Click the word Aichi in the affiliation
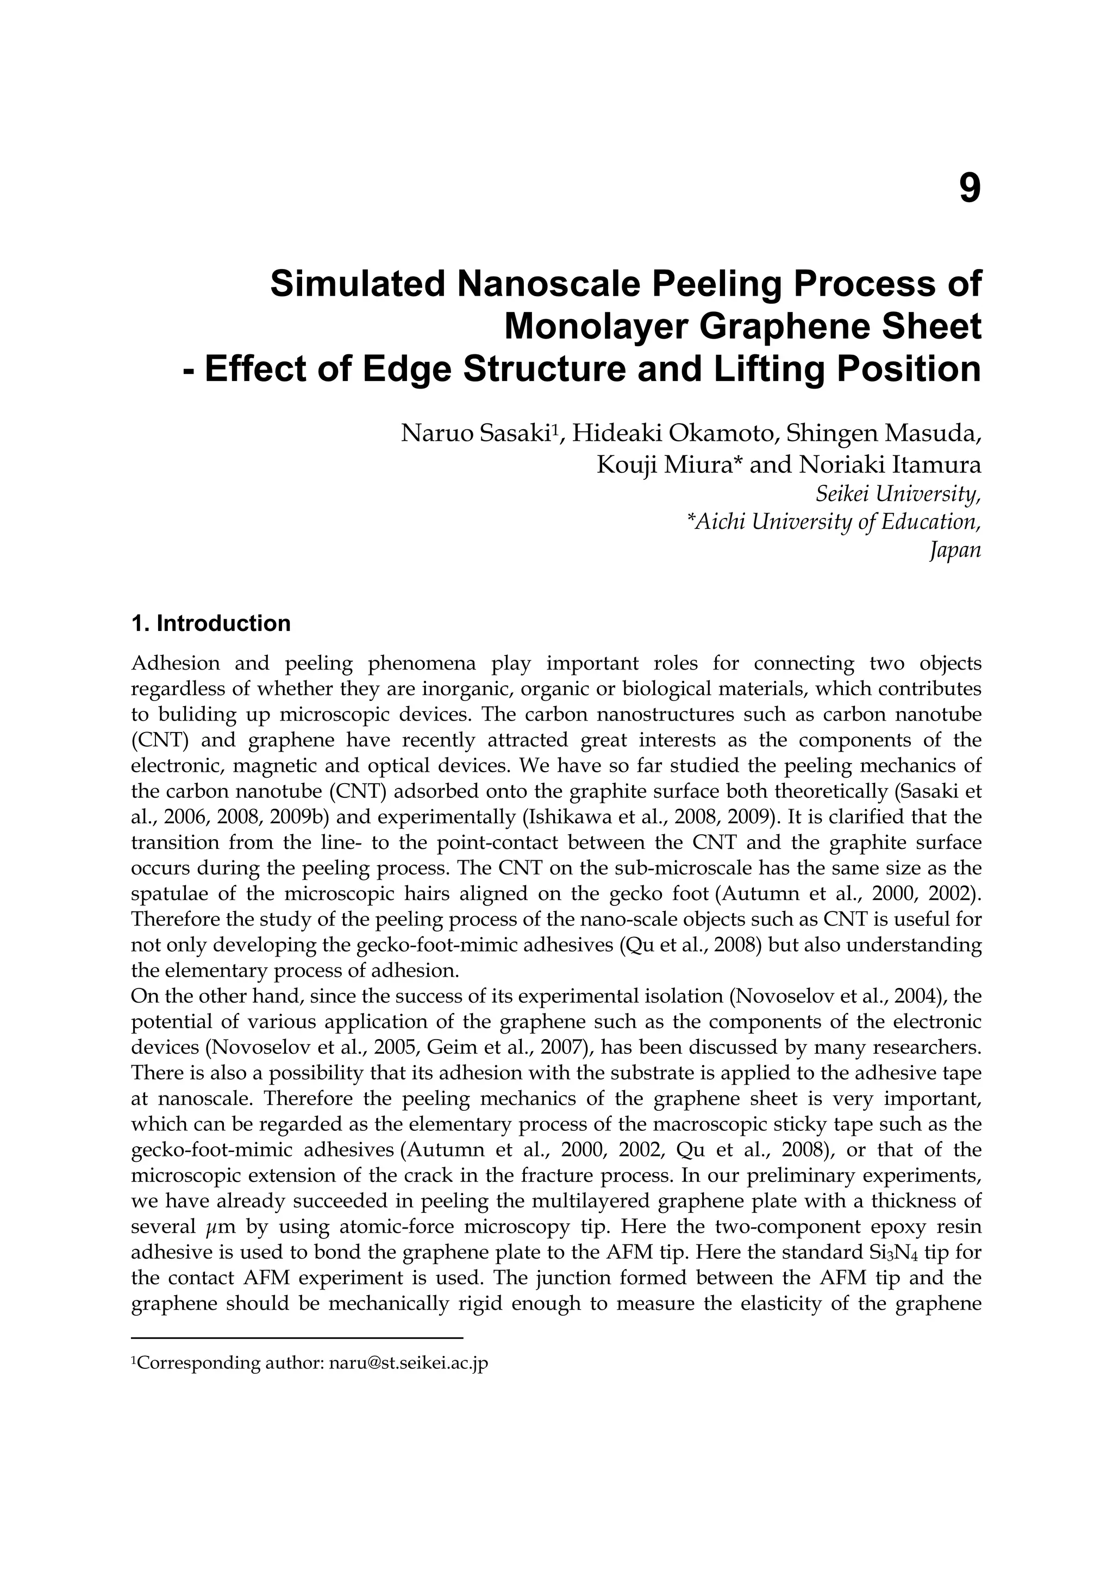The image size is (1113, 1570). click(x=716, y=522)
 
